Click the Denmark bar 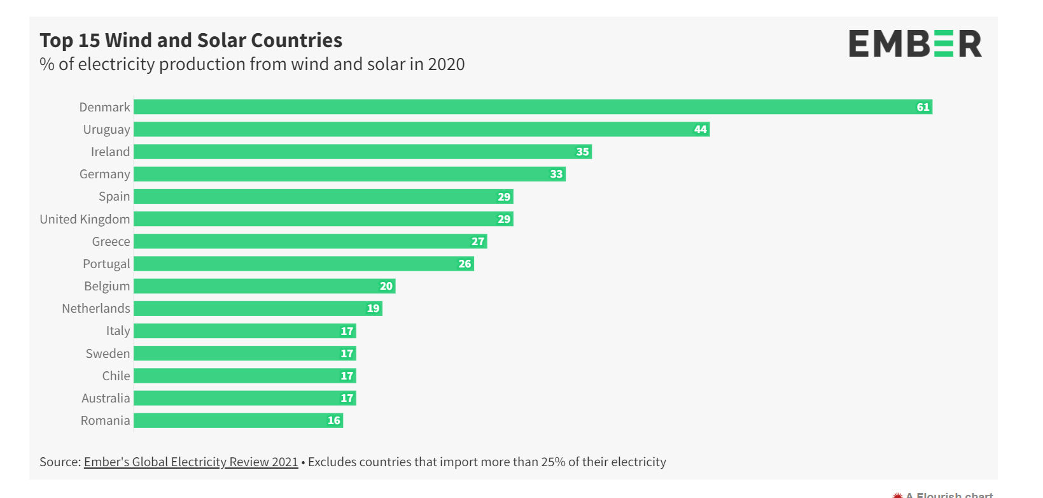tap(533, 107)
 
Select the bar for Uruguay tap(421, 129)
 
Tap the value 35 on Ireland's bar tap(582, 152)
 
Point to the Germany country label tap(104, 174)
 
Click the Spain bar tap(323, 197)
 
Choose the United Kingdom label tap(85, 219)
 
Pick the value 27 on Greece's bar tap(478, 241)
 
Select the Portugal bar tap(304, 264)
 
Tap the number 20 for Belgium tap(386, 286)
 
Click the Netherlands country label tap(95, 308)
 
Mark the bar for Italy tap(245, 331)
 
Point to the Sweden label tap(108, 353)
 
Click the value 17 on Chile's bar tap(347, 376)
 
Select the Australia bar tap(245, 398)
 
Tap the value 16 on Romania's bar tap(334, 420)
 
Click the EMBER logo tap(915, 44)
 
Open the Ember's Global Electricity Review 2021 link tap(191, 462)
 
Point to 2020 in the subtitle tap(446, 64)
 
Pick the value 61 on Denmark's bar tap(923, 107)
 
